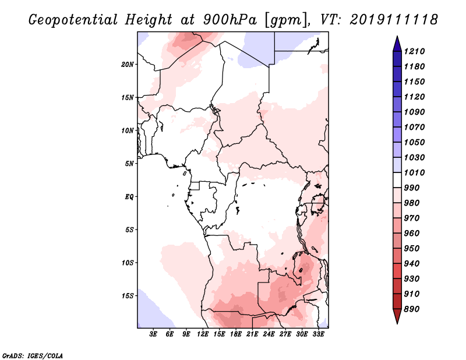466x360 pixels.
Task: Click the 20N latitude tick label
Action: pyautogui.click(x=128, y=64)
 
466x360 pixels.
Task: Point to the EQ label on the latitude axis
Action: pyautogui.click(x=129, y=197)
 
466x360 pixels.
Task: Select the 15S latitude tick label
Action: pyautogui.click(x=128, y=296)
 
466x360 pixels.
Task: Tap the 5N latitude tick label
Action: pyautogui.click(x=130, y=164)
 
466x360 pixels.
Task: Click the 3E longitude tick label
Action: pyautogui.click(x=154, y=335)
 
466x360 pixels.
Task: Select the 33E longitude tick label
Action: pyautogui.click(x=318, y=335)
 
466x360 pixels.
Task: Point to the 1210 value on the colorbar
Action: pyautogui.click(x=415, y=51)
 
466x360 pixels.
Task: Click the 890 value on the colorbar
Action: pyautogui.click(x=414, y=309)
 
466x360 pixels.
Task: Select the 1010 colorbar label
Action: pyautogui.click(x=415, y=172)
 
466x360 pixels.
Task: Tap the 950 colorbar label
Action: pyautogui.click(x=414, y=248)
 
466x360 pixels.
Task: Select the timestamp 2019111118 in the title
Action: pyautogui.click(x=394, y=19)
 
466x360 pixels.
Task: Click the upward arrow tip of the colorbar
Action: pyautogui.click(x=396, y=38)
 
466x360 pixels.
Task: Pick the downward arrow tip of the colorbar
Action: pyautogui.click(x=396, y=322)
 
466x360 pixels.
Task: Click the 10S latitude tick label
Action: pyautogui.click(x=128, y=263)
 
